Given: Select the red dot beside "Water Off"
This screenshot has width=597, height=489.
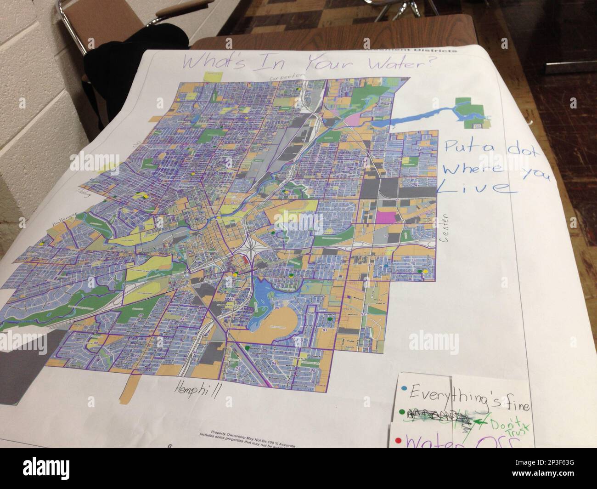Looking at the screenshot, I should click(x=397, y=441).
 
